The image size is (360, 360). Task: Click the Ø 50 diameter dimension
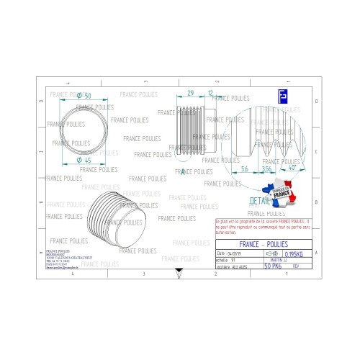(x=84, y=96)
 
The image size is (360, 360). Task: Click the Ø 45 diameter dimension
(x=84, y=161)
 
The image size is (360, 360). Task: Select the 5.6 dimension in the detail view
(x=245, y=168)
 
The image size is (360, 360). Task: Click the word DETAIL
(x=260, y=201)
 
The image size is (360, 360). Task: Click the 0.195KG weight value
(x=295, y=255)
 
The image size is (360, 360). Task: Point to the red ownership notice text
(x=262, y=228)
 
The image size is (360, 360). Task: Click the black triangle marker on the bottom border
(x=179, y=271)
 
